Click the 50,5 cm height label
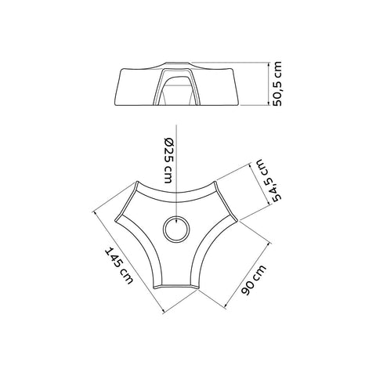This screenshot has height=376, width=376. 277,84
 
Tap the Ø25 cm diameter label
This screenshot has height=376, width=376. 169,160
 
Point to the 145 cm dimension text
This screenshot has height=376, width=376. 119,266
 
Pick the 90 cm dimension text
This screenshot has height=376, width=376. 254,280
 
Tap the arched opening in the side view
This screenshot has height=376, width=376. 177,87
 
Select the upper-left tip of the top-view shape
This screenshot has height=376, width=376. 136,183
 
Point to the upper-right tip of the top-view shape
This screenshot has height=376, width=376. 215,182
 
